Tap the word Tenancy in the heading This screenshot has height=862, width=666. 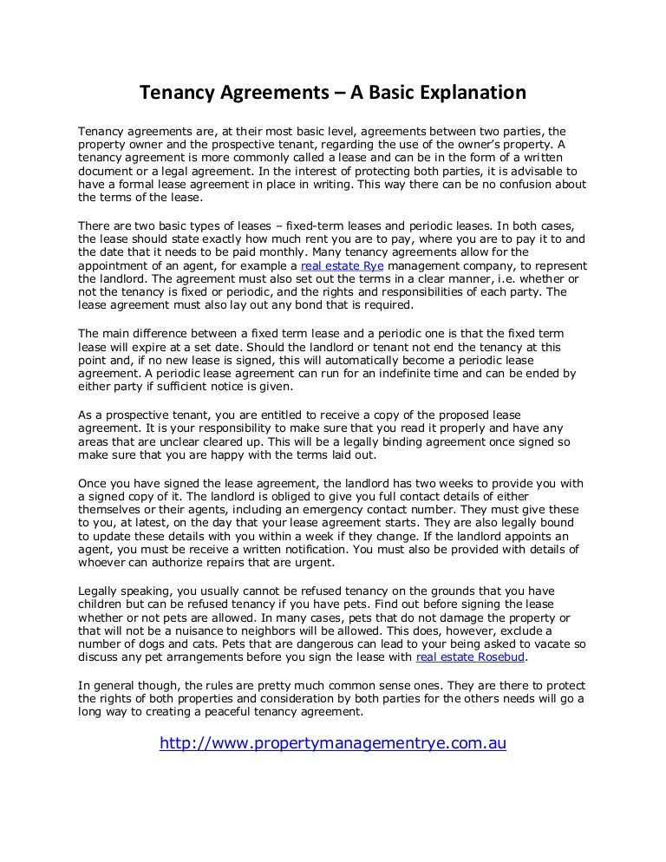click(x=178, y=92)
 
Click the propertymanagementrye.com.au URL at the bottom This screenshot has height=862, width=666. click(x=333, y=743)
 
